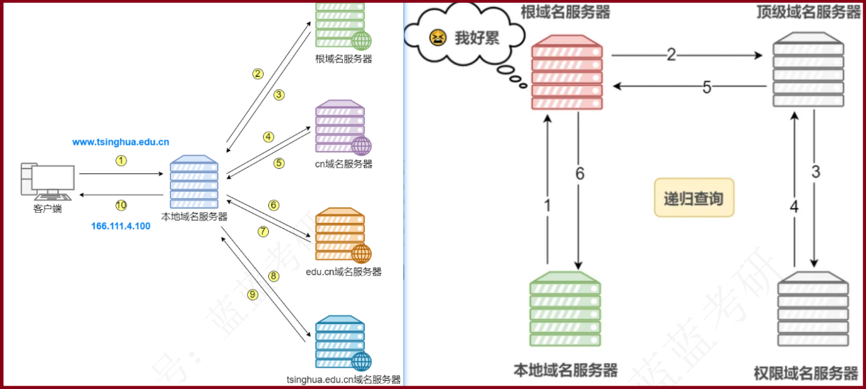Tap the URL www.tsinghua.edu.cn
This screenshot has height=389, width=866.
tap(121, 142)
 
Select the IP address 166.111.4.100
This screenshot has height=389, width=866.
tap(121, 226)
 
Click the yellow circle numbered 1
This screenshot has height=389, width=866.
tap(121, 160)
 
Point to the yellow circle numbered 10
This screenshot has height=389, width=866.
tap(121, 205)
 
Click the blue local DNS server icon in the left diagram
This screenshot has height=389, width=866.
tap(194, 182)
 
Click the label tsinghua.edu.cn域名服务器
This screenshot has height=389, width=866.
tap(344, 379)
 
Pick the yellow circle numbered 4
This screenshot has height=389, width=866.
tap(269, 137)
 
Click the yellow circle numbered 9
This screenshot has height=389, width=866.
tap(253, 295)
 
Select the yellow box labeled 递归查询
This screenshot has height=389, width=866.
tap(693, 198)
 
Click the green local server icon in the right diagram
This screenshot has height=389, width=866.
tap(565, 311)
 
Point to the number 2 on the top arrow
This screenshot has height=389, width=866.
tap(671, 54)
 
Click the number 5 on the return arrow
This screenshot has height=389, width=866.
tap(707, 87)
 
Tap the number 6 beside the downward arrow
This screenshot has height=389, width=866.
tap(580, 173)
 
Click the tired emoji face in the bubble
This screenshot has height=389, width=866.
tap(438, 37)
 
